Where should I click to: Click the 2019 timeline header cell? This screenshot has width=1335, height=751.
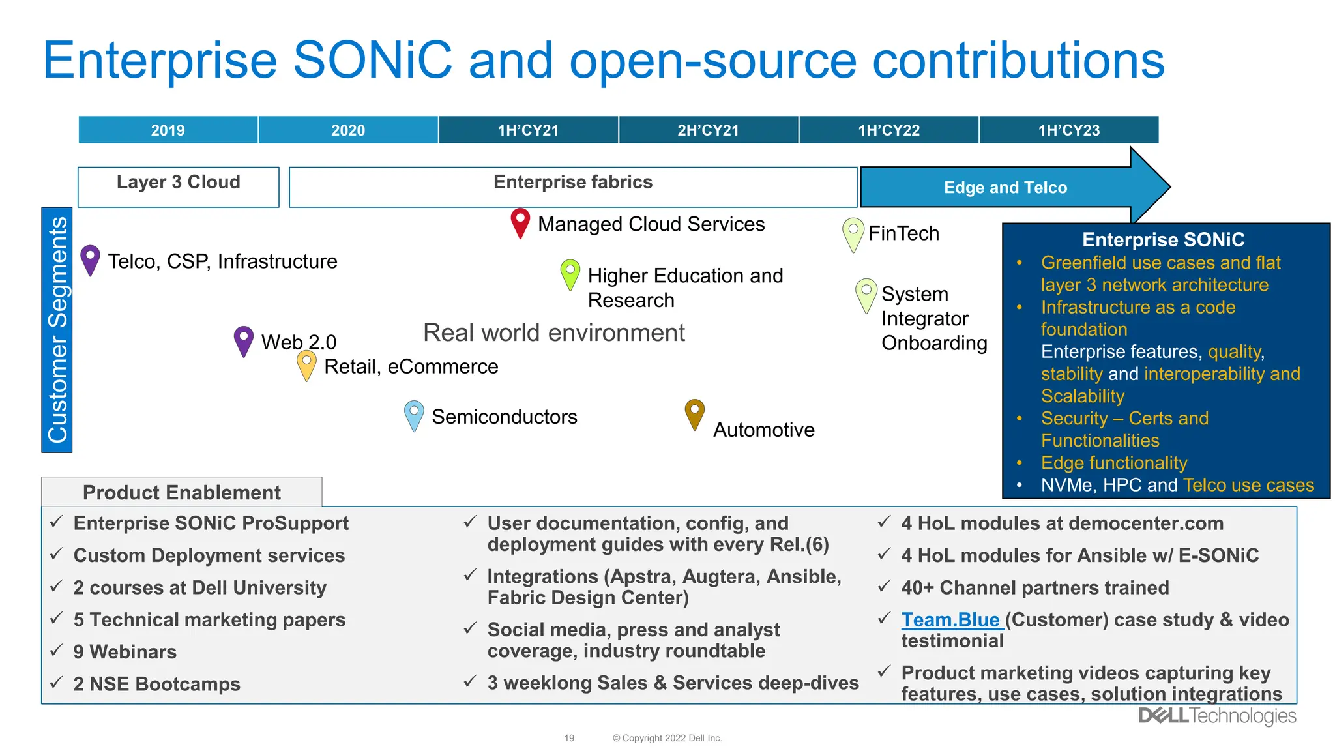[168, 130]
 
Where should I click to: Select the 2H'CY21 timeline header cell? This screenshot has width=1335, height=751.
[709, 130]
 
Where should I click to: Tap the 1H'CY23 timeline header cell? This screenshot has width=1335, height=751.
[1069, 130]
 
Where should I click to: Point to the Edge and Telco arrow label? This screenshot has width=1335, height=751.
[1005, 188]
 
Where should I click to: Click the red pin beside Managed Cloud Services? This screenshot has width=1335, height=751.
[520, 222]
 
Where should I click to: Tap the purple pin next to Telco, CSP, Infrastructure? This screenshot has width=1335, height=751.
[90, 259]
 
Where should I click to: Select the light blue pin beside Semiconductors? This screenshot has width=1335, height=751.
[414, 415]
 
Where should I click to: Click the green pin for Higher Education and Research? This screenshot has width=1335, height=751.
[570, 273]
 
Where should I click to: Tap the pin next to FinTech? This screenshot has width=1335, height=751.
[853, 233]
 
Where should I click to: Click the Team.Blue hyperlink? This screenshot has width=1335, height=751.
[950, 619]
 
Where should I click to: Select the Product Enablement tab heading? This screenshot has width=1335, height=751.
[182, 492]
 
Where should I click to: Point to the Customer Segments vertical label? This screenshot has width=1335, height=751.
[57, 330]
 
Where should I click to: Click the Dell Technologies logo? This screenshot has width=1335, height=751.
[1217, 716]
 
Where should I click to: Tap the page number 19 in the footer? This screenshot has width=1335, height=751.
[569, 738]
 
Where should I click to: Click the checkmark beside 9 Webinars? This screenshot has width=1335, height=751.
[57, 650]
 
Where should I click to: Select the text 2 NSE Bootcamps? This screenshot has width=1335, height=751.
[156, 684]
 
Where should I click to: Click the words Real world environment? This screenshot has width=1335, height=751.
[554, 332]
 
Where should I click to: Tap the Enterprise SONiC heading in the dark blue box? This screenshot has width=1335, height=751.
[1163, 240]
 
